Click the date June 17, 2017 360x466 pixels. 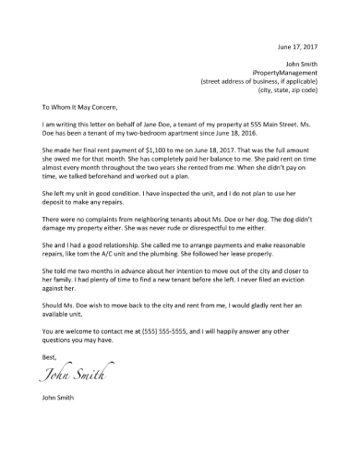(x=297, y=46)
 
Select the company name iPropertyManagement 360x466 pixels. (x=284, y=72)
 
